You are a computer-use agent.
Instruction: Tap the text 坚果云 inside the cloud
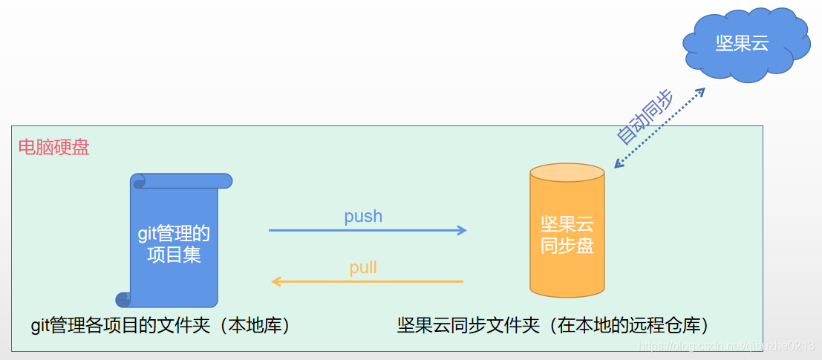tap(741, 44)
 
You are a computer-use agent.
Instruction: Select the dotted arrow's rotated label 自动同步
tap(645, 117)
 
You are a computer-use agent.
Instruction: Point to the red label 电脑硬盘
tap(53, 147)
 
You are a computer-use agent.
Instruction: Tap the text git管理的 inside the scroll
tap(174, 234)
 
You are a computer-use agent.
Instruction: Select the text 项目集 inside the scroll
tap(174, 255)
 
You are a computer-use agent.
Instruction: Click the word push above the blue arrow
tap(363, 216)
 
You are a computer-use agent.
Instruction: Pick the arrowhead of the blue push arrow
tap(462, 230)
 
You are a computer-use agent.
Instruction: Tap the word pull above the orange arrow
tap(363, 267)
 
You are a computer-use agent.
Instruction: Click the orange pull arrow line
tap(371, 281)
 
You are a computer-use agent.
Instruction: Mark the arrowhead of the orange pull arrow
tap(275, 281)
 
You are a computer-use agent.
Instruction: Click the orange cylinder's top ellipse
tap(567, 173)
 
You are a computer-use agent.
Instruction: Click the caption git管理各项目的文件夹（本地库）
tap(160, 325)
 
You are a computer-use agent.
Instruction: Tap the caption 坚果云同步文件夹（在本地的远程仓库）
tap(553, 325)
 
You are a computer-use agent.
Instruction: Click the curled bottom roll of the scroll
tap(123, 299)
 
